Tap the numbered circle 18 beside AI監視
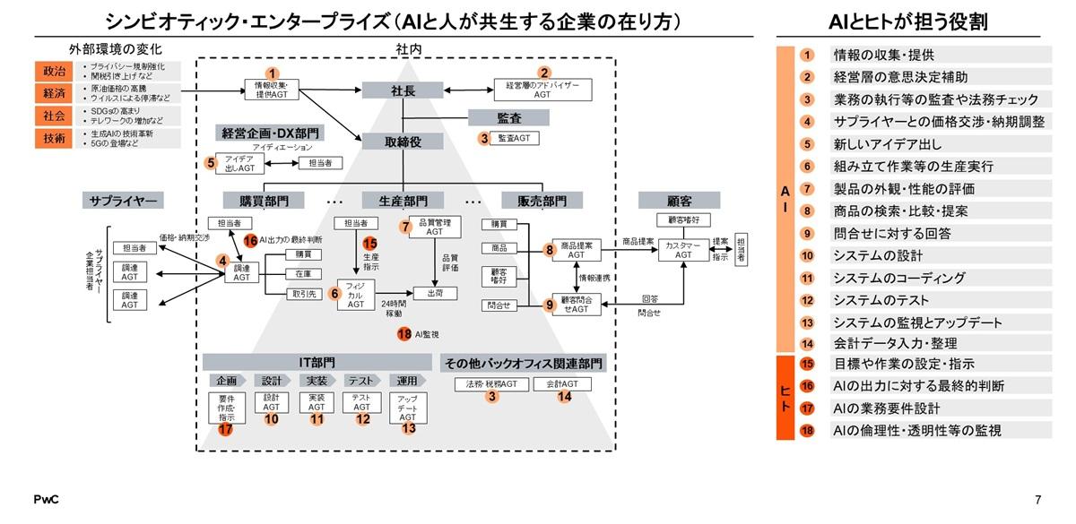pos(404,334)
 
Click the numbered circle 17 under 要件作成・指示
pos(225,429)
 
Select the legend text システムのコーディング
pos(886,278)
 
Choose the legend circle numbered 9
pos(807,233)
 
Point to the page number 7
pos(1037,500)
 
